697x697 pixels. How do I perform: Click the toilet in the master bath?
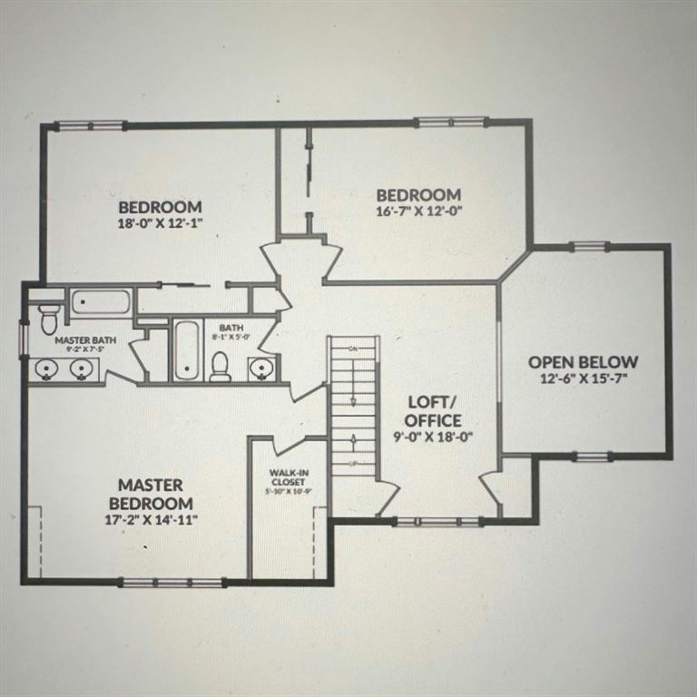(x=49, y=318)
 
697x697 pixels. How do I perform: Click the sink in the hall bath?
(x=261, y=368)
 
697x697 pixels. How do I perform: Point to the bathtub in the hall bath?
(x=186, y=349)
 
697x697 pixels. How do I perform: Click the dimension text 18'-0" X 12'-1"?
(x=159, y=221)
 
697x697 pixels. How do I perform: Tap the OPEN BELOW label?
(x=584, y=361)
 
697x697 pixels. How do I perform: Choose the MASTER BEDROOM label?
(x=151, y=494)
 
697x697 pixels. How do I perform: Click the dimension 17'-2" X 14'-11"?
(x=151, y=519)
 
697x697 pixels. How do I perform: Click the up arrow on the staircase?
(x=352, y=441)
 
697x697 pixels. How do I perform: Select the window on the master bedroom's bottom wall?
(x=172, y=582)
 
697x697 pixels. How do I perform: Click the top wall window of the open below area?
(x=589, y=246)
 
